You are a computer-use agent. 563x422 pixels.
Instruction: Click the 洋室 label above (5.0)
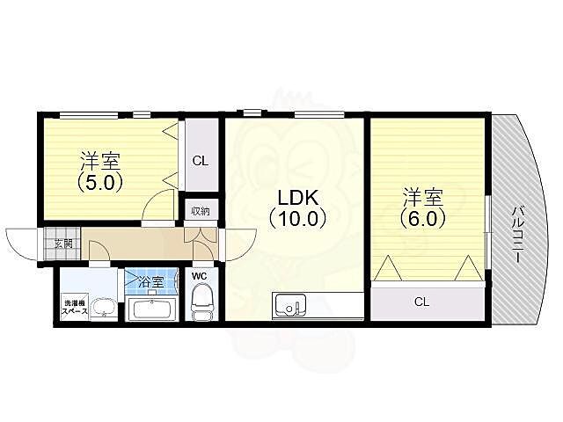pyautogui.click(x=99, y=162)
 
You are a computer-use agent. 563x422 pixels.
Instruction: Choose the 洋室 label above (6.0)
pyautogui.click(x=422, y=194)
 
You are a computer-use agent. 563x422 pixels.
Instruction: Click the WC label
pyautogui.click(x=200, y=275)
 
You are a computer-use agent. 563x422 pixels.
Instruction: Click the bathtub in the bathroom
pyautogui.click(x=152, y=309)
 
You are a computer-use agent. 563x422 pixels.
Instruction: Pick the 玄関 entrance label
pyautogui.click(x=63, y=244)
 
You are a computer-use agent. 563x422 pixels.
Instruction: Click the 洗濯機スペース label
pyautogui.click(x=74, y=308)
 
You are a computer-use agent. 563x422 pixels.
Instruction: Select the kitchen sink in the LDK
pyautogui.click(x=290, y=307)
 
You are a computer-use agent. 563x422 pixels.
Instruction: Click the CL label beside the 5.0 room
pyautogui.click(x=200, y=161)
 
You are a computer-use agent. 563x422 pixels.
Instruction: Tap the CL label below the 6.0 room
pyautogui.click(x=422, y=302)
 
